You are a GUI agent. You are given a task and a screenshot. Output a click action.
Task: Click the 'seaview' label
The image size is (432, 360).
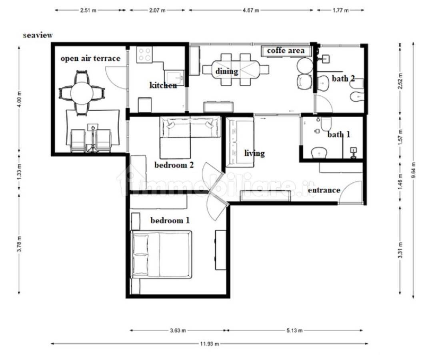[x=38, y=35]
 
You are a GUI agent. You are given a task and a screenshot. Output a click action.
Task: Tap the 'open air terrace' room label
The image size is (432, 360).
[x=90, y=58]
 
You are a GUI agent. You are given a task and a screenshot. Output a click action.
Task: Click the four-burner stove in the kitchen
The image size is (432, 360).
[x=145, y=54]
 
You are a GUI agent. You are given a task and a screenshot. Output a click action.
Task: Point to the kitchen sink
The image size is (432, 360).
[x=174, y=76]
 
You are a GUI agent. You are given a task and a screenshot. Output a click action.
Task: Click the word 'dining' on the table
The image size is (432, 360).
[x=226, y=71]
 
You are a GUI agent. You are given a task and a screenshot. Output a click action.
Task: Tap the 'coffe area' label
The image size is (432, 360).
[x=286, y=50]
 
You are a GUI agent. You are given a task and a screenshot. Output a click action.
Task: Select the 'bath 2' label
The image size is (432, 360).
[x=343, y=79]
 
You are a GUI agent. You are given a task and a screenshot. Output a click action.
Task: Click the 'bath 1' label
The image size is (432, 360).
[x=339, y=135]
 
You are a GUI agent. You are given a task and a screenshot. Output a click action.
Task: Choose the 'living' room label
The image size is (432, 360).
[x=254, y=153]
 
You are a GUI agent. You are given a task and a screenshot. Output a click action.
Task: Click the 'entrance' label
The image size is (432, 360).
[x=324, y=190]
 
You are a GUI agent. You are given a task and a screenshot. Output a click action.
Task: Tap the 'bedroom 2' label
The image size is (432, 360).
[x=174, y=165]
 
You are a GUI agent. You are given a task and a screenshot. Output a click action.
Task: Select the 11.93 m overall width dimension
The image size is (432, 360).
[x=209, y=344]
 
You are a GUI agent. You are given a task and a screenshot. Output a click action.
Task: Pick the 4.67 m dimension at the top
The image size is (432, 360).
[x=251, y=10]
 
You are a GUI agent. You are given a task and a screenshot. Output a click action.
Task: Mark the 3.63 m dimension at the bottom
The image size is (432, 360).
[x=178, y=330]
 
